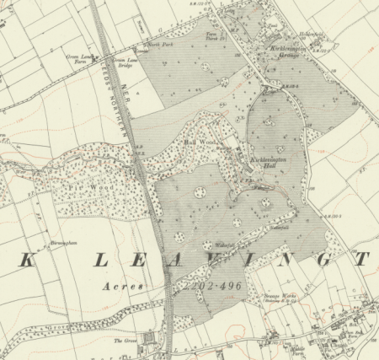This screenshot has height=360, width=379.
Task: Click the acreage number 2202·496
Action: pos(208,287)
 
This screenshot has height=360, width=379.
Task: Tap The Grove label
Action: pos(125,341)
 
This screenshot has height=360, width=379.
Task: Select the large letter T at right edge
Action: pos(361,260)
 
